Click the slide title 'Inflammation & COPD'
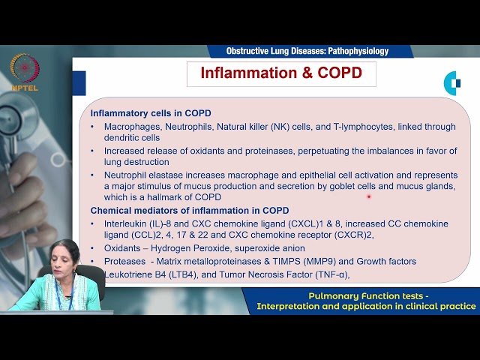[281, 74]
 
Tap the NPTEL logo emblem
[25, 68]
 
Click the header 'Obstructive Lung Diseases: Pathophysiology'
[307, 51]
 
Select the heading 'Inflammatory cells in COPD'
[151, 113]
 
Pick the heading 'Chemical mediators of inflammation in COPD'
[190, 210]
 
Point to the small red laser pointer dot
[369, 196]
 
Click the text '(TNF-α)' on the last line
[334, 274]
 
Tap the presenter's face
[64, 259]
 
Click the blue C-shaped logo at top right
[452, 82]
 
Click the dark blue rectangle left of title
[79, 83]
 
